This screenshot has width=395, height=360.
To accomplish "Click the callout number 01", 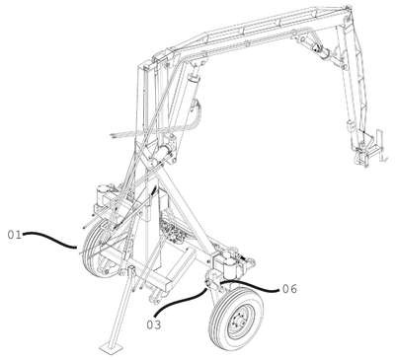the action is [15, 235].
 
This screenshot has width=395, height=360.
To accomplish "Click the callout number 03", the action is [154, 324].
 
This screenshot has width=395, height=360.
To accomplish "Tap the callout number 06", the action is [289, 289].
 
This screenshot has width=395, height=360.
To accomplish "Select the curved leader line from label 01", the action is [49, 238].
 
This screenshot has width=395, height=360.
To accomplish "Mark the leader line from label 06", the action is [250, 285].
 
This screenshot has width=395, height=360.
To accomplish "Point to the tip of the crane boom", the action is [348, 8].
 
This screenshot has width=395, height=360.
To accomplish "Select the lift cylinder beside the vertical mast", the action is [188, 99].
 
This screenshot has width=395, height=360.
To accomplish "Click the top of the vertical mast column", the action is [145, 68].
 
